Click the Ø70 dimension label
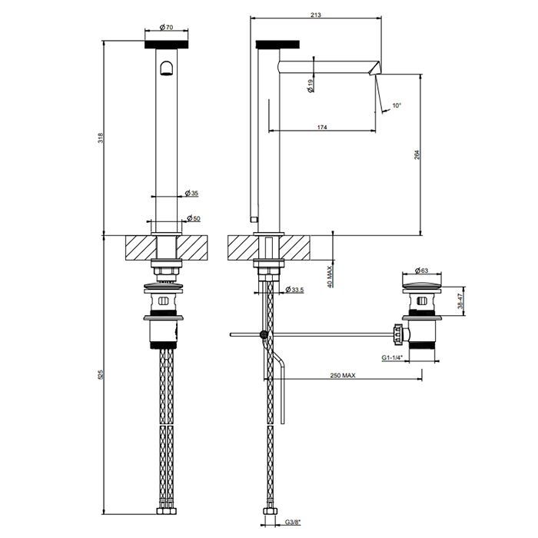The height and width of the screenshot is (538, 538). pos(167,27)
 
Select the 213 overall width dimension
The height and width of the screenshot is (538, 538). pos(316,15)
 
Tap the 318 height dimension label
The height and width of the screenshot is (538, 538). pos(101,138)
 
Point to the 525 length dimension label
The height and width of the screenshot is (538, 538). pos(101,374)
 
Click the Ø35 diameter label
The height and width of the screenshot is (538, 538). pos(192,193)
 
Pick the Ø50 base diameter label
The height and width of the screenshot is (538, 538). pos(194,218)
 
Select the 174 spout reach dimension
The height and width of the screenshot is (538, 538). pos(322,128)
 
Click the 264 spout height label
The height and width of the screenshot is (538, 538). pos(417,155)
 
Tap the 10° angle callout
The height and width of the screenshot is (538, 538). pos(397,105)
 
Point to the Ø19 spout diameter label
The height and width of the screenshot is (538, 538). pos(311,86)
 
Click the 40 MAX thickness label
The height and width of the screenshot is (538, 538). pos(330,277)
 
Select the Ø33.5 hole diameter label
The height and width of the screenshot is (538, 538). pos(294,290)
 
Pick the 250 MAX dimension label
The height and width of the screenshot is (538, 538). pos(343,375)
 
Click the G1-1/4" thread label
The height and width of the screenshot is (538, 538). pos(391,357)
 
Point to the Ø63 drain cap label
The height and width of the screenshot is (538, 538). pos(421,271)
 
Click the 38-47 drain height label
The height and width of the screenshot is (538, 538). pos(460,301)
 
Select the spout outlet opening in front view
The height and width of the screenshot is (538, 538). pos(167,68)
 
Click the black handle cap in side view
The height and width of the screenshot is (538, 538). pos(278,45)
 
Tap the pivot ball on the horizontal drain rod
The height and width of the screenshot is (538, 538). pos(264,334)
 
